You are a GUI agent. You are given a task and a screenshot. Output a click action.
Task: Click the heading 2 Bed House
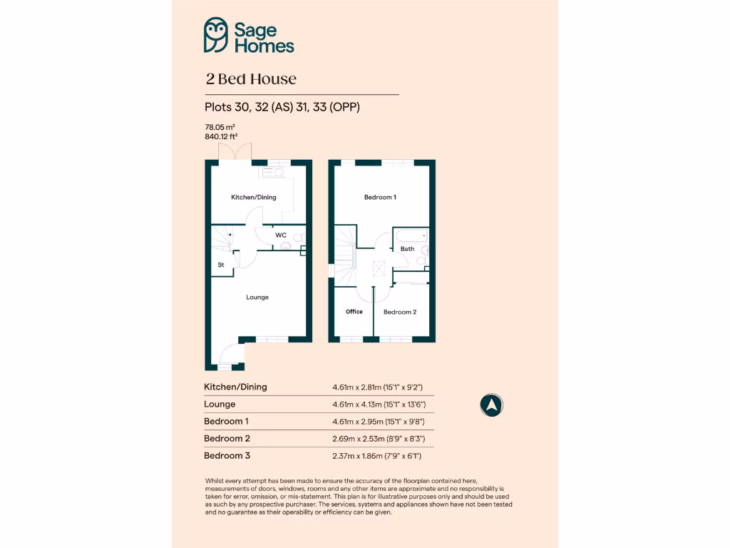point(250,79)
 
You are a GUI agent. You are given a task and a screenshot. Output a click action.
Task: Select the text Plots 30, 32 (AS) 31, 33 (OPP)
point(282,108)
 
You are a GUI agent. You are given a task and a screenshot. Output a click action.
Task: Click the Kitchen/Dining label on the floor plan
point(253,197)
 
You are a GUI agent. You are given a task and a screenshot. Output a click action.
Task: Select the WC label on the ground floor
point(281,235)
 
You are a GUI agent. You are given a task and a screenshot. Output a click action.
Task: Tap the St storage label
point(221,265)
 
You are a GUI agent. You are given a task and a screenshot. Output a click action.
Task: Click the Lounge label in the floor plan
point(257,297)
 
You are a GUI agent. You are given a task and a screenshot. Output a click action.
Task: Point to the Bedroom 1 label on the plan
point(380,197)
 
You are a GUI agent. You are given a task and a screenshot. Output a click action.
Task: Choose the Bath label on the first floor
point(407,249)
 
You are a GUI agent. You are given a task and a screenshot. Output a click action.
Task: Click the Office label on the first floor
point(354,312)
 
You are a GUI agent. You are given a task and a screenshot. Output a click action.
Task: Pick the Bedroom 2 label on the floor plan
point(399,312)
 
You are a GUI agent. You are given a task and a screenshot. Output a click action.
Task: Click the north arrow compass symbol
point(491,405)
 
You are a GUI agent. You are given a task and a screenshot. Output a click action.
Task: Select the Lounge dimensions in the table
point(378,405)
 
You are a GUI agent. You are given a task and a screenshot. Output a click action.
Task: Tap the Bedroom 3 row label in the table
point(227,455)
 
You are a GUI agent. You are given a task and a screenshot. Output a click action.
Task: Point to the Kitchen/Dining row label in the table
point(235,387)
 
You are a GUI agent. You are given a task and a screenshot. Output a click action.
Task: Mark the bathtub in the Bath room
point(410,235)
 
